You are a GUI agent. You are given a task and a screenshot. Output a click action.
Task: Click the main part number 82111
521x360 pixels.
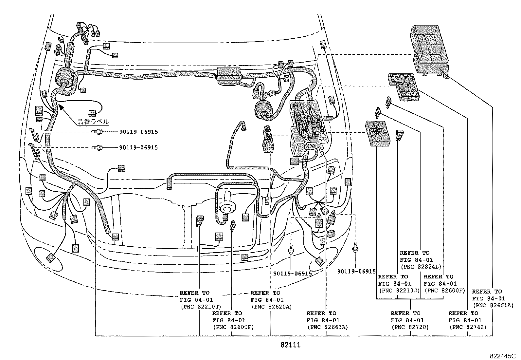click(x=290, y=345)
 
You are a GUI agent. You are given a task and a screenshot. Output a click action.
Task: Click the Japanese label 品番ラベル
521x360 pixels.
click(x=93, y=122)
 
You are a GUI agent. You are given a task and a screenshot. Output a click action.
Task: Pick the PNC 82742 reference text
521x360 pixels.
click(x=468, y=327)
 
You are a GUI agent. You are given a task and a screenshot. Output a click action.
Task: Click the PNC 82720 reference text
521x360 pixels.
click(x=409, y=327)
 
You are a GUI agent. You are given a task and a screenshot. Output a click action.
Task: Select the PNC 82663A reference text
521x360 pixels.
click(x=327, y=327)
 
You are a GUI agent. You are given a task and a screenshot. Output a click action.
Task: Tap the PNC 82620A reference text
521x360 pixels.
click(x=271, y=307)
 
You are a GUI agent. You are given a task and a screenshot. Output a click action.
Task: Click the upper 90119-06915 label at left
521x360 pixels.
click(x=138, y=132)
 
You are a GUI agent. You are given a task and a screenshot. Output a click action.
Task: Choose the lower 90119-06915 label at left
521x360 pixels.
click(x=138, y=147)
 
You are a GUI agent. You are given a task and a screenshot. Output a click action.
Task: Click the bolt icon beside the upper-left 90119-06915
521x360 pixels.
click(x=97, y=132)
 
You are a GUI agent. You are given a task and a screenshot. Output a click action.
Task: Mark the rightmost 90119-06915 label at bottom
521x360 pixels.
click(x=356, y=271)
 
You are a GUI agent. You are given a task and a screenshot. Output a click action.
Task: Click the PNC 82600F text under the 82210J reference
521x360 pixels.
click(x=233, y=327)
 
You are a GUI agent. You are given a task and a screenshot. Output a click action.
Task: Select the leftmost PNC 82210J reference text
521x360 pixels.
click(x=201, y=307)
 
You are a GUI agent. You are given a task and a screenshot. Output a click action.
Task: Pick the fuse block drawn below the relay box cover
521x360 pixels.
click(x=404, y=87)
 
